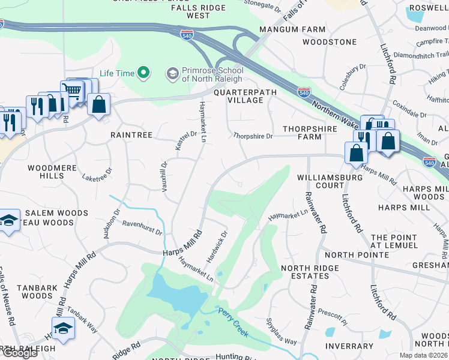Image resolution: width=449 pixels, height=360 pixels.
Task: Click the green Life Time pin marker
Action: click(143, 73)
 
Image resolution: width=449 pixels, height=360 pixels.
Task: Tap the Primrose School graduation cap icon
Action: click(172, 73)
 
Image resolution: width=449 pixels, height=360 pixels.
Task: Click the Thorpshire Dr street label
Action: click(253, 136)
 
